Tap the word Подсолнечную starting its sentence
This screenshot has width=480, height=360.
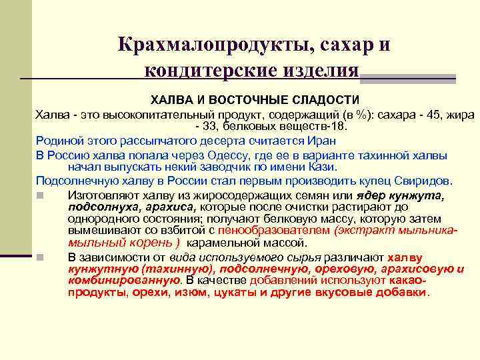(70, 181)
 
